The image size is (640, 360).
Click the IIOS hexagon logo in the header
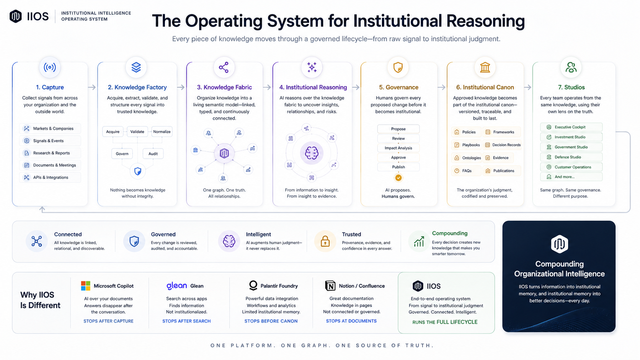pyautogui.click(x=15, y=16)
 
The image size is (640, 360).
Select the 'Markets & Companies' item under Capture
pyautogui.click(x=50, y=129)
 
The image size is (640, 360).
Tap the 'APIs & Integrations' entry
pyautogui.click(x=50, y=177)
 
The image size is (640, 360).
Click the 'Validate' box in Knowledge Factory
pyautogui.click(x=137, y=132)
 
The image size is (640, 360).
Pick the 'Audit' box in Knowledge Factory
pyautogui.click(x=153, y=153)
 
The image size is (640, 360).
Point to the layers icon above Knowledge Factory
pyautogui.click(x=136, y=67)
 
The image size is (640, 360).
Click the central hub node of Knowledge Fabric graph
pyautogui.click(x=224, y=153)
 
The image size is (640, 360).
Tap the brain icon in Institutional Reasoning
pyautogui.click(x=312, y=153)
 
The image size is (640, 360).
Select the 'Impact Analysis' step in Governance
pyautogui.click(x=398, y=148)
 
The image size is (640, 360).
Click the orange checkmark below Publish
pyautogui.click(x=398, y=178)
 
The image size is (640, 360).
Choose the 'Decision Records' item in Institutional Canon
pyautogui.click(x=502, y=145)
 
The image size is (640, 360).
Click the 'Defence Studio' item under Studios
pyautogui.click(x=571, y=157)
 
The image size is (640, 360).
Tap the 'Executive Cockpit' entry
pyautogui.click(x=571, y=127)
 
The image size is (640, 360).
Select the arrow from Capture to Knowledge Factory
pyautogui.click(x=92, y=87)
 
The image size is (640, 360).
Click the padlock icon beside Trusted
pyautogui.click(x=325, y=241)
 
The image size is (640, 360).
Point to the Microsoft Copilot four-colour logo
pyautogui.click(x=85, y=286)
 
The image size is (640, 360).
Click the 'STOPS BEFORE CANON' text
pyautogui.click(x=271, y=321)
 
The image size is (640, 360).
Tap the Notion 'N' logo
pyautogui.click(x=330, y=286)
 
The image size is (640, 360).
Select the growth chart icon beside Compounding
pyautogui.click(x=419, y=241)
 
